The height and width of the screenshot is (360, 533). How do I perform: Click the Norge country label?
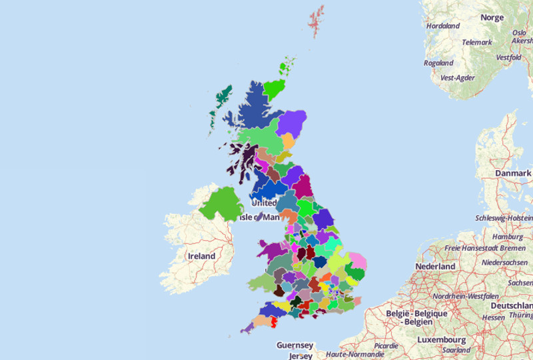point(492,17)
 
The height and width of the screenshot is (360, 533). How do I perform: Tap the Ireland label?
point(201,256)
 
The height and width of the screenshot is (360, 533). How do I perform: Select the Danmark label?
point(513,173)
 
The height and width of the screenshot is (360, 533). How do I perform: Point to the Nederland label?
point(435,266)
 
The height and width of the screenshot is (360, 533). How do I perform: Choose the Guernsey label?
point(294,345)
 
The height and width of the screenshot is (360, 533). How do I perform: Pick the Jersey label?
point(300,356)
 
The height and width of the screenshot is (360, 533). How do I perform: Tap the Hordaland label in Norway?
point(443,26)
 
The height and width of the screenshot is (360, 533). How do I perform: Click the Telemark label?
point(477,42)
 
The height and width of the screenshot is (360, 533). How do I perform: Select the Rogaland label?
point(438,63)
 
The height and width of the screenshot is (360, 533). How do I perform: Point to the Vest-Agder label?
point(458,78)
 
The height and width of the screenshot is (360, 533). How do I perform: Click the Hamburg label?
point(508,237)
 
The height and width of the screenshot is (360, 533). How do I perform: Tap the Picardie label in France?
point(386,346)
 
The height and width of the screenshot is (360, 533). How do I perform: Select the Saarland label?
point(456,350)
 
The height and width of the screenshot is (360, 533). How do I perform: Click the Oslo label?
point(520,32)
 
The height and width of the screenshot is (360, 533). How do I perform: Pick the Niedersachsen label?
point(506,262)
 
